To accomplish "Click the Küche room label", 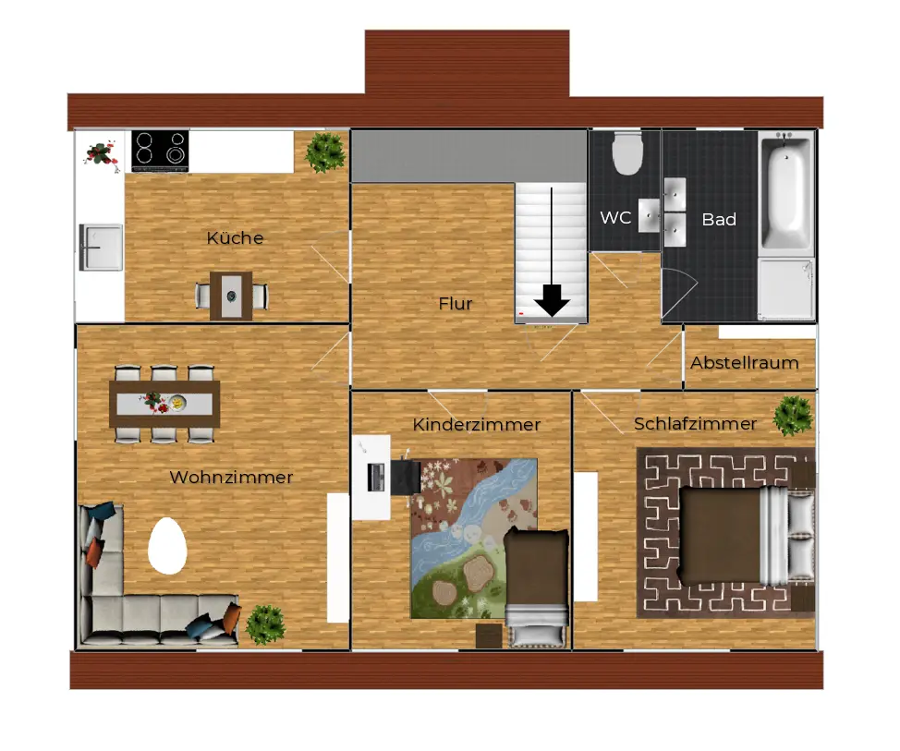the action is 235,237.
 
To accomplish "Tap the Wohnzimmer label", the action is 231,477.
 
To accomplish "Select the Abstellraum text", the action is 745,363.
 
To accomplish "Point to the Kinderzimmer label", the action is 477,425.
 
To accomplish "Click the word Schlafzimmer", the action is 695,423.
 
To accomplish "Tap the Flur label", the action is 456,304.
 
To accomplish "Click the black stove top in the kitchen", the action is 160,151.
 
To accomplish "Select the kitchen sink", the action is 101,248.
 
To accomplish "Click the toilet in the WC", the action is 626,152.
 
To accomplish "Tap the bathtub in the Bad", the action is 785,192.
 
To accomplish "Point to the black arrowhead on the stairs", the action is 552,301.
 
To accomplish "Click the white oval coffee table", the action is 167,546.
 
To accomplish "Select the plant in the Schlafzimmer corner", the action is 793,416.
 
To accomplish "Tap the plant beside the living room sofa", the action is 265,624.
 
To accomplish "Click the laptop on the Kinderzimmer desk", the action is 376,478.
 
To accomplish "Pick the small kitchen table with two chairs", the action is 231,296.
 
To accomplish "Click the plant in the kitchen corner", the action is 325,152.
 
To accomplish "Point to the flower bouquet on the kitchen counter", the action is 102,155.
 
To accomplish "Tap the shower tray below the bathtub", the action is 786,288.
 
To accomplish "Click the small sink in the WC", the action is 650,216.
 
